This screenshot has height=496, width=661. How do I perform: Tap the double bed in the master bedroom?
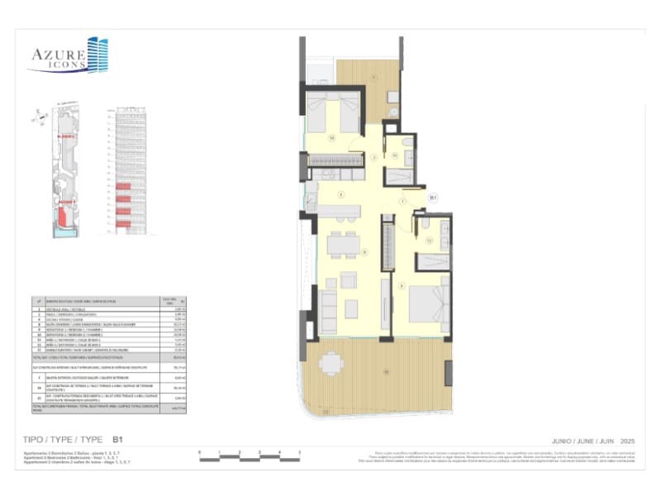(429, 306)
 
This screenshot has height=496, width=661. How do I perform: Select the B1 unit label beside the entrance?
(432, 197)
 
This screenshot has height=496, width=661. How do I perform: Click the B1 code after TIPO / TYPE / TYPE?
(117, 440)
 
